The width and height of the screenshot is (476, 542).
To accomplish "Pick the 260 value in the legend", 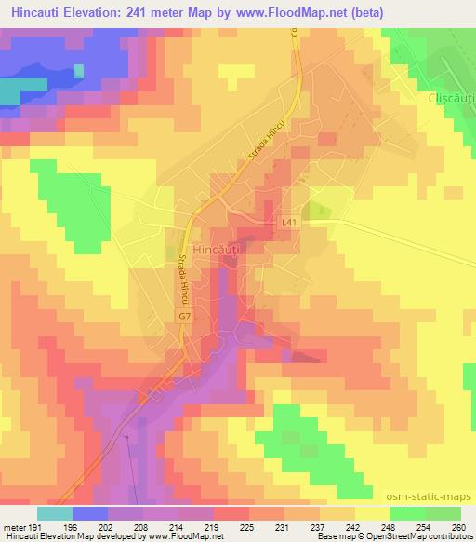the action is point(456,526).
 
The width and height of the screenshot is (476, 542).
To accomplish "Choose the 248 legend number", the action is point(387,526).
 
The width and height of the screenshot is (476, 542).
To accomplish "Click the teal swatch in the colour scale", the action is point(55,513).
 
